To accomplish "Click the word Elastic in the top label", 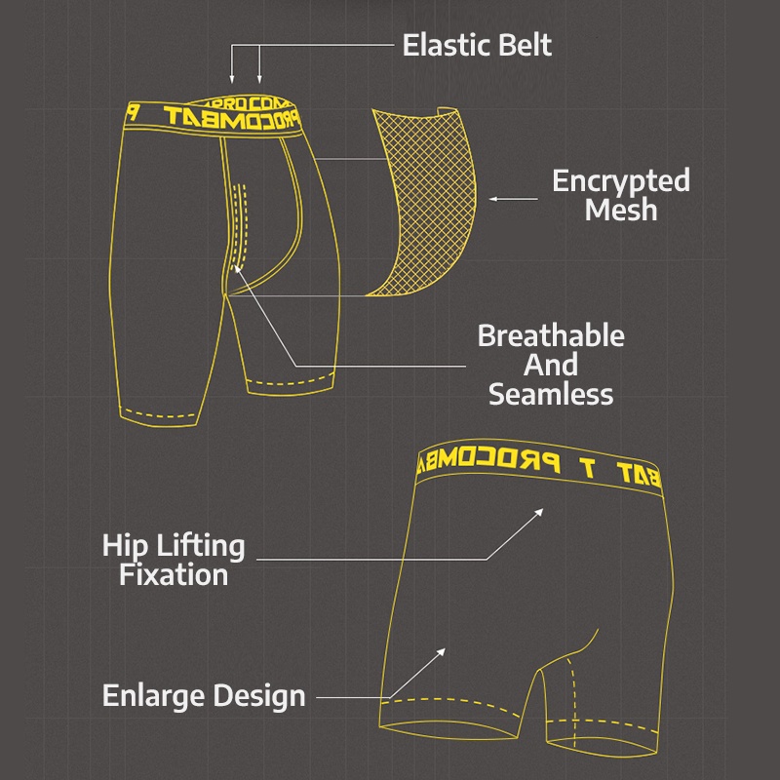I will pos(446,45).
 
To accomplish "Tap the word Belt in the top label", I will pos(523,45).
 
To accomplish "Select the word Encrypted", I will pos(621,180).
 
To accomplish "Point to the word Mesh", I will pos(621,210).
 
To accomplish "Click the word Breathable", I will pos(551,336).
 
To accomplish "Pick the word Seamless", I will pos(551,394).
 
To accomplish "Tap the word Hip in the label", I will pos(123,545).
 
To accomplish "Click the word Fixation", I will pos(174,573).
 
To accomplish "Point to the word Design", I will pos(259,696).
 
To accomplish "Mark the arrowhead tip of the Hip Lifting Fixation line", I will pos(542,508).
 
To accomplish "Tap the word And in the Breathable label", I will pos(551,366).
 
